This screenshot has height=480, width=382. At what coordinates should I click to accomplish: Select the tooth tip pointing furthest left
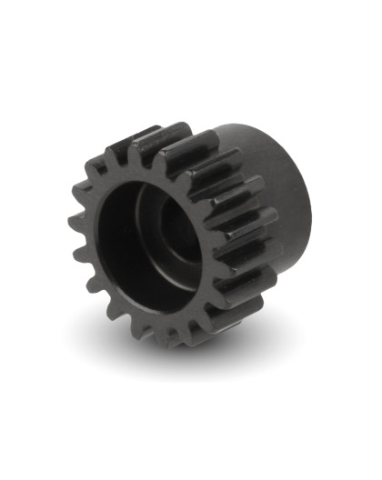75,235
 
